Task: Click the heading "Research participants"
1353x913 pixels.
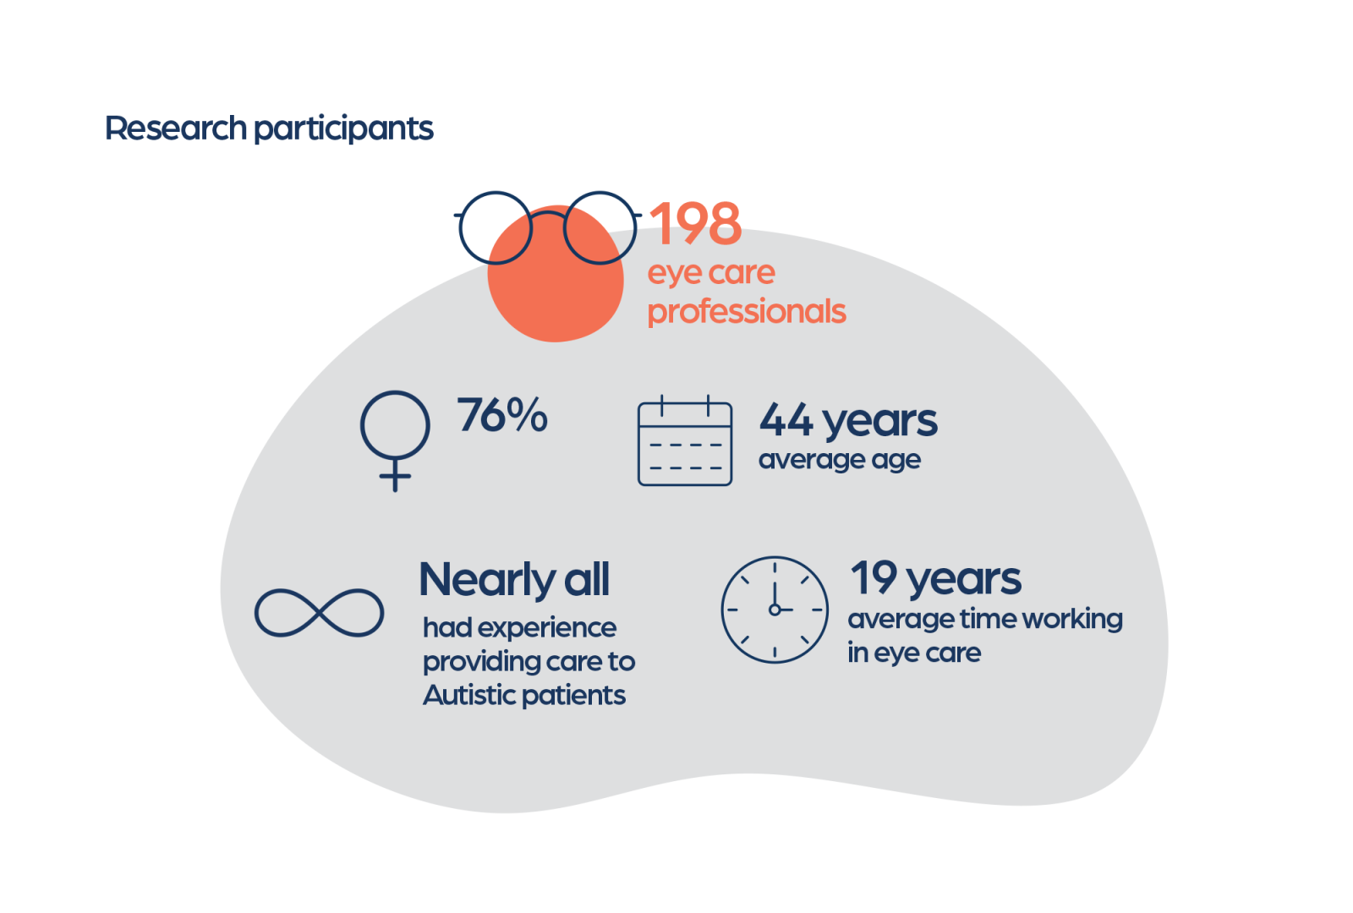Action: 270,128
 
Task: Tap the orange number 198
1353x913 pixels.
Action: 695,223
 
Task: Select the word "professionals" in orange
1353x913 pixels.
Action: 747,312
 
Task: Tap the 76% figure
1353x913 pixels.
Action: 502,415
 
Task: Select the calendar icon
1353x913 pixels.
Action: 685,440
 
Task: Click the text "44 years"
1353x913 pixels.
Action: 849,421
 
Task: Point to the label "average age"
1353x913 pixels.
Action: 840,461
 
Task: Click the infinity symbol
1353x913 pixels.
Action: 319,613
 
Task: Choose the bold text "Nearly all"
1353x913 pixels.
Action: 515,579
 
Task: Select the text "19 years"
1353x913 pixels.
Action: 935,578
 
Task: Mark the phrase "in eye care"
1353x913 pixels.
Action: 914,653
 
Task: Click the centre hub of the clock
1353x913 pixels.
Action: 775,610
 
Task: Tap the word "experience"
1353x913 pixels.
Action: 547,629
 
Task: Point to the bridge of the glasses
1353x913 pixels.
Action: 548,212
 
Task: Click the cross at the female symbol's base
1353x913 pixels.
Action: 395,476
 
